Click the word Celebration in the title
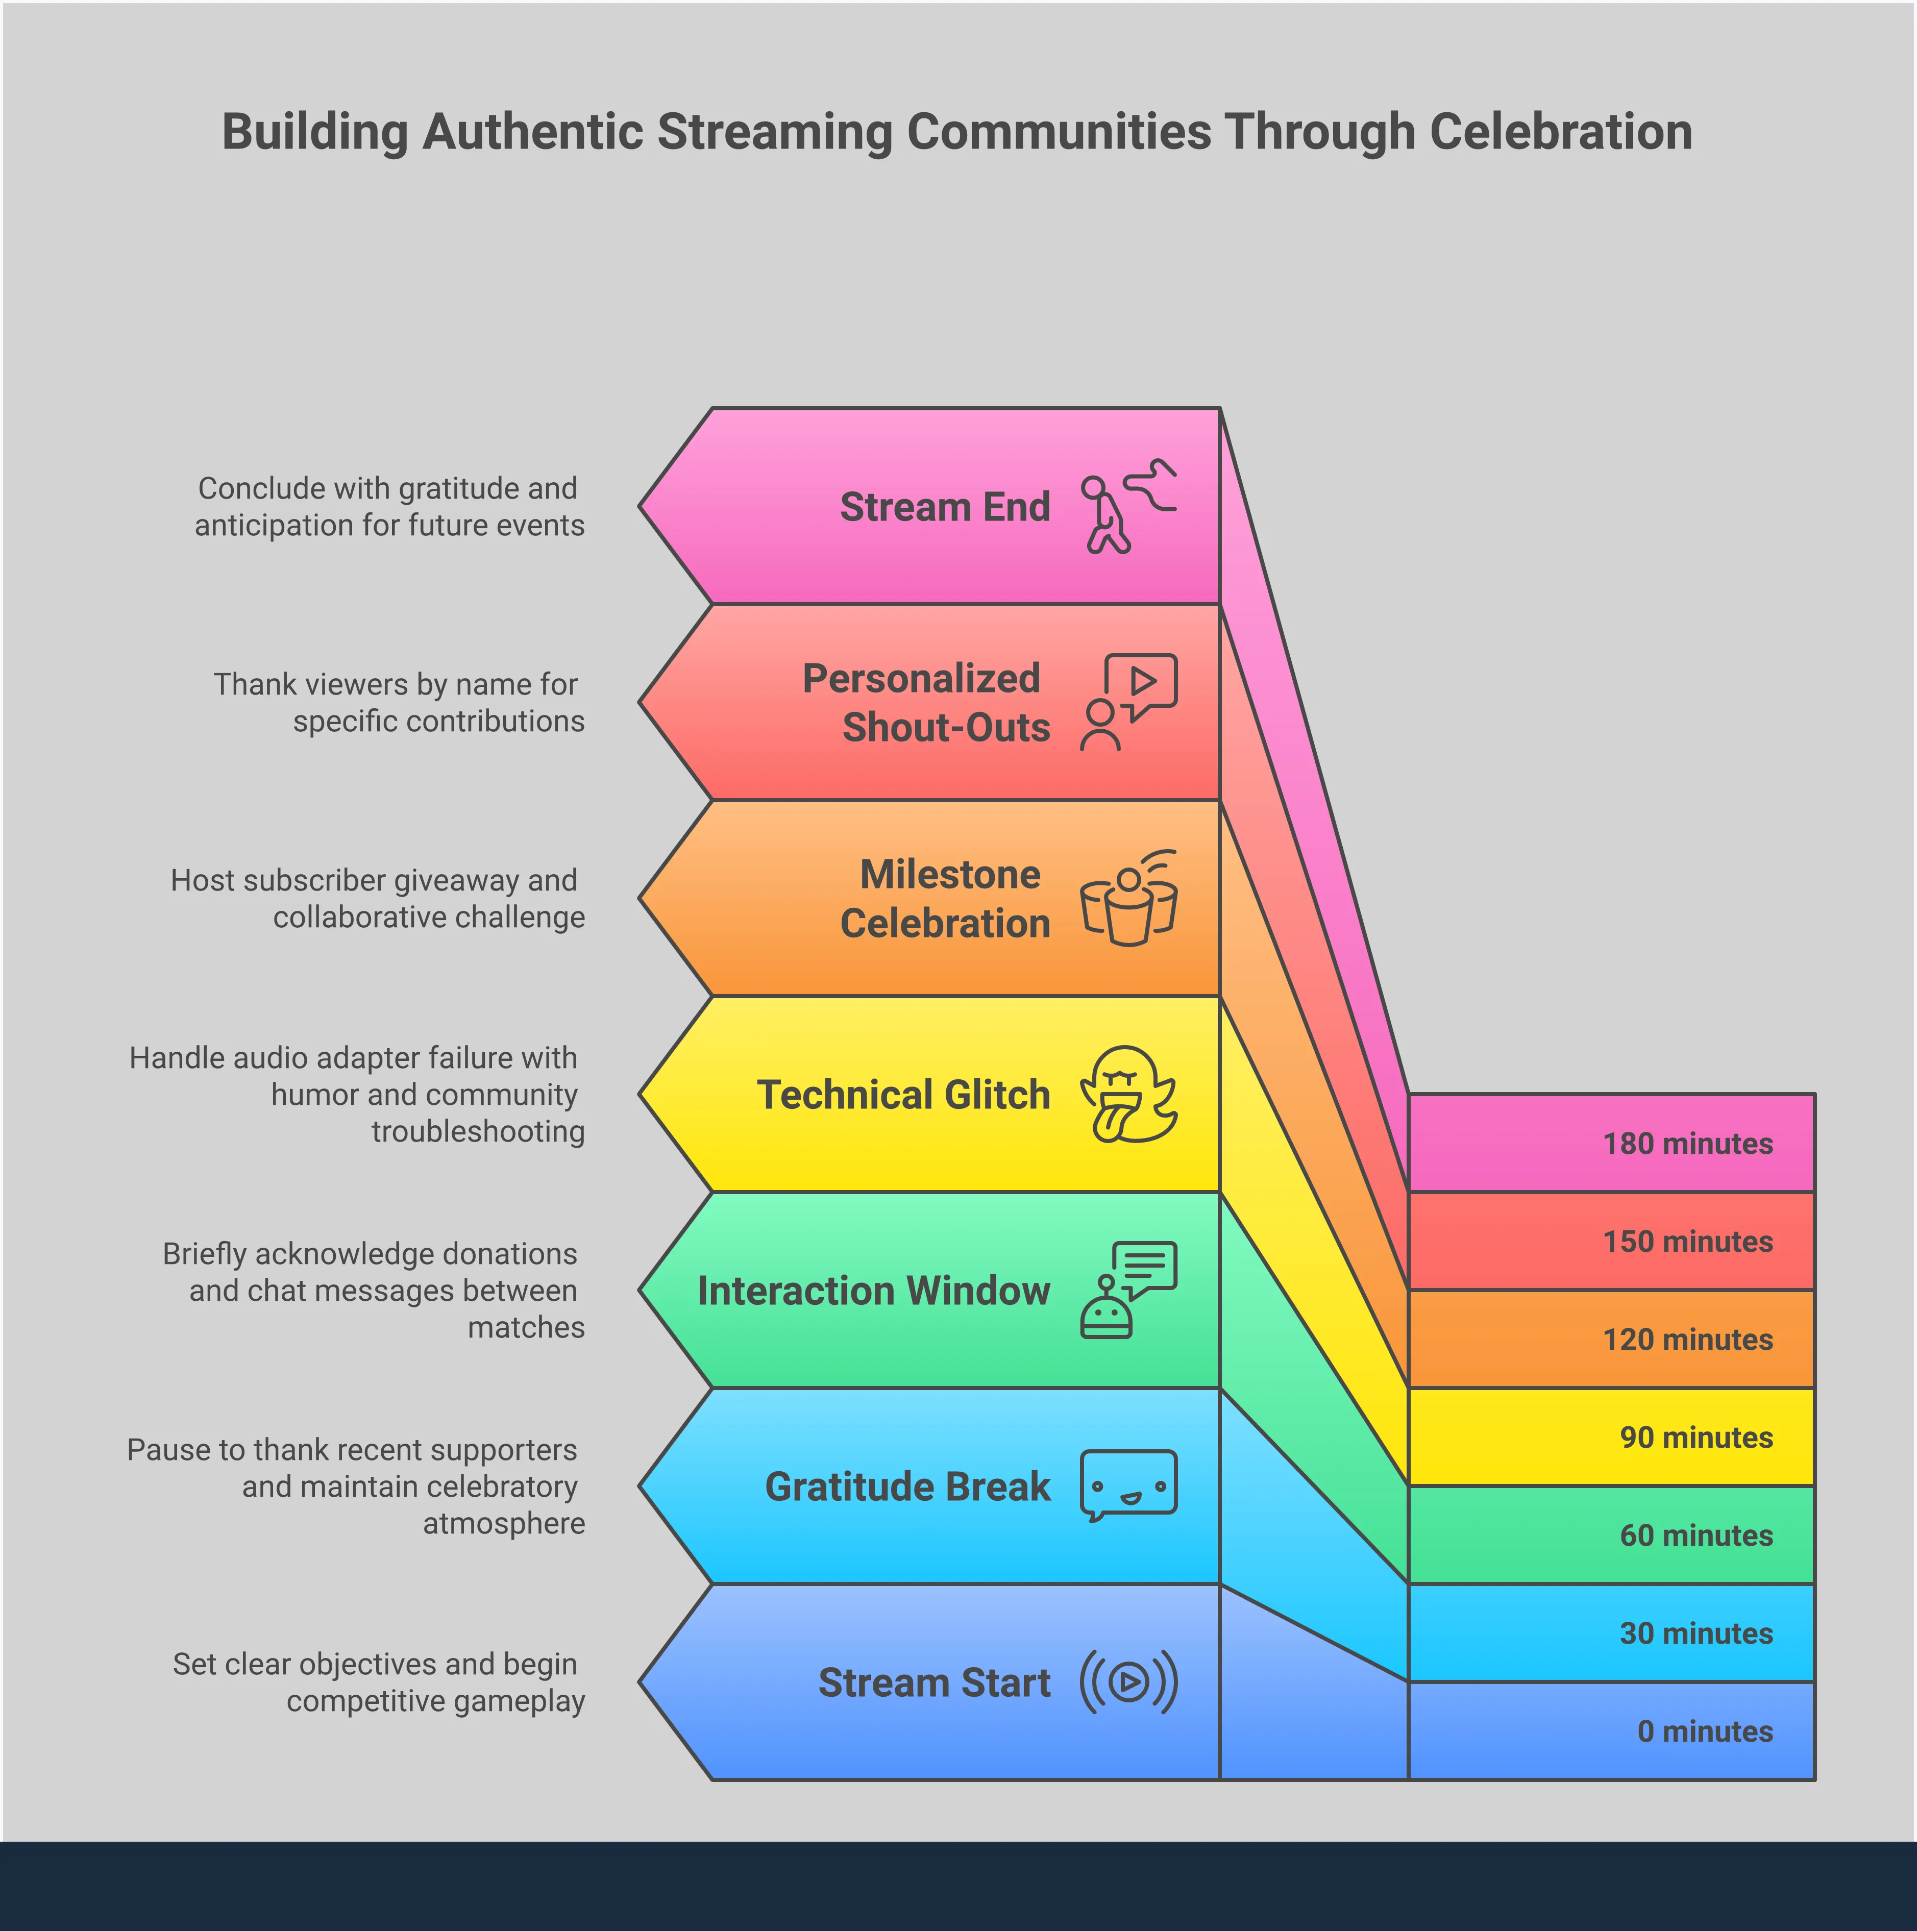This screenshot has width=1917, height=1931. click(1560, 132)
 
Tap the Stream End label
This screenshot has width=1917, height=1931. click(945, 507)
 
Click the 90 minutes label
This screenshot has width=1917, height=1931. click(1696, 1437)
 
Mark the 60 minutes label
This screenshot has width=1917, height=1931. click(1696, 1535)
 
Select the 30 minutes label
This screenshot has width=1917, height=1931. click(1696, 1633)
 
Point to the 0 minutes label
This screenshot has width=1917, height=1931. click(1704, 1731)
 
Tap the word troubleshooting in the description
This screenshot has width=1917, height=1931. click(478, 1131)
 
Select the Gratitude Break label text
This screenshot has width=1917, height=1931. click(906, 1486)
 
